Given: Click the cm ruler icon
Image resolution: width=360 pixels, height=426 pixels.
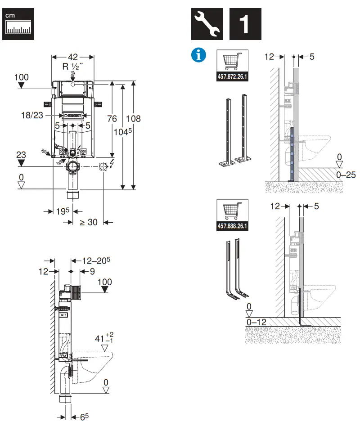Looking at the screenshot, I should (19, 23).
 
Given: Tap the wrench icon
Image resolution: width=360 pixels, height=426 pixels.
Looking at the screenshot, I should (207, 23).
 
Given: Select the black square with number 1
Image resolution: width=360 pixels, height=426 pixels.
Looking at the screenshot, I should (245, 23).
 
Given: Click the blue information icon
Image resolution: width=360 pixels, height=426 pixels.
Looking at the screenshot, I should (198, 55).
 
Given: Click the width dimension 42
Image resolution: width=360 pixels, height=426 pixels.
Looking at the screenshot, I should (73, 57).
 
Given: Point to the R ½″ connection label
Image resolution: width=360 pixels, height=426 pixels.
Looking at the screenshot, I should (73, 66).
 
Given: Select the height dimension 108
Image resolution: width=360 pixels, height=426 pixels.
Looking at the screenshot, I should (133, 119).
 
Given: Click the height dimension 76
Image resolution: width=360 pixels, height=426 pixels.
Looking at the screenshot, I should (112, 119).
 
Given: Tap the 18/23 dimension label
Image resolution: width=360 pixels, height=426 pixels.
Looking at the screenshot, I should (32, 115).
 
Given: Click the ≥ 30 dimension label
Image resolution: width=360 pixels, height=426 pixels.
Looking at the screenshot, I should (89, 222).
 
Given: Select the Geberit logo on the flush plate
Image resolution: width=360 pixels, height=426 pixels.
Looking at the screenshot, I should (73, 115).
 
